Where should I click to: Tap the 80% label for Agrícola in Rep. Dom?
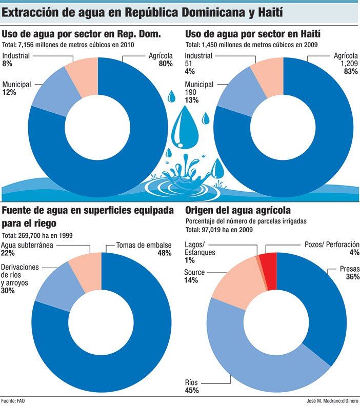click(165, 64)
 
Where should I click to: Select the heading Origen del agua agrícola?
click(238, 210)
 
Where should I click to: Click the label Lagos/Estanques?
click(200, 249)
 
